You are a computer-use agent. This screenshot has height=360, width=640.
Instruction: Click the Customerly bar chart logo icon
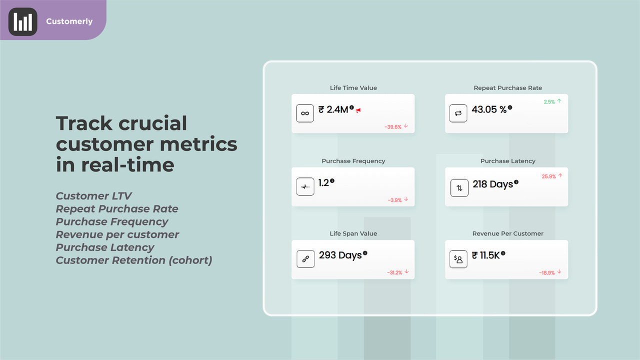point(23,22)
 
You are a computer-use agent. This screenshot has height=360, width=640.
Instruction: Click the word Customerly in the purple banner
point(69,21)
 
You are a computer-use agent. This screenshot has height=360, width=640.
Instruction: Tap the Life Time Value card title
point(353,88)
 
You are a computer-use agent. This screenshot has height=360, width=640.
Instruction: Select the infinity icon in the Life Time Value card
point(305,113)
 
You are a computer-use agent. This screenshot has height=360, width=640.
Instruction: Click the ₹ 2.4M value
point(333,109)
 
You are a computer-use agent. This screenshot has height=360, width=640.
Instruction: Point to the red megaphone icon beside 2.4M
point(358,110)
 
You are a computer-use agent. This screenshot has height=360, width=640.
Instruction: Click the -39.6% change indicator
point(396,127)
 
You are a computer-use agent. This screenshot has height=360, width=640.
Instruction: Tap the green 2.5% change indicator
point(552,101)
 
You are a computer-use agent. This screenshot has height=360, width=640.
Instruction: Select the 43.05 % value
point(489,109)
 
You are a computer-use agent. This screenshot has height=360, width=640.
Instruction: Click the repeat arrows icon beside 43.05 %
point(458,113)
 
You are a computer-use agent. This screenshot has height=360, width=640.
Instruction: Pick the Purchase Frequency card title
point(353,161)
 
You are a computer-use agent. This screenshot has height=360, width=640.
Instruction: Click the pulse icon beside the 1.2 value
point(305,186)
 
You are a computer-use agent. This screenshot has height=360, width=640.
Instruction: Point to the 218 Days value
point(493,184)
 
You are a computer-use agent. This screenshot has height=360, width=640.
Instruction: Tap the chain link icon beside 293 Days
point(305,259)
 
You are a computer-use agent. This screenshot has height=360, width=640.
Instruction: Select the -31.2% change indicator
point(397,272)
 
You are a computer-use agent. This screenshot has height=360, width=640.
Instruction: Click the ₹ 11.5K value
point(486,255)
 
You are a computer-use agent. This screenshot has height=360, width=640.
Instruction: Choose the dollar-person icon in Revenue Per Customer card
point(458,259)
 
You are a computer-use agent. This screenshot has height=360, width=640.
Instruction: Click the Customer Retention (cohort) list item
point(134,260)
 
